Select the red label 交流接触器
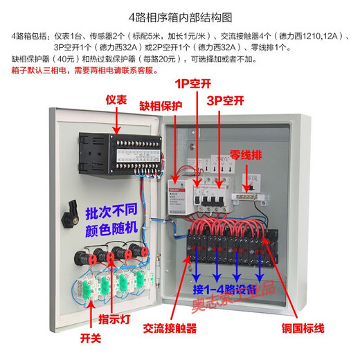pyautogui.click(x=170, y=329)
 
